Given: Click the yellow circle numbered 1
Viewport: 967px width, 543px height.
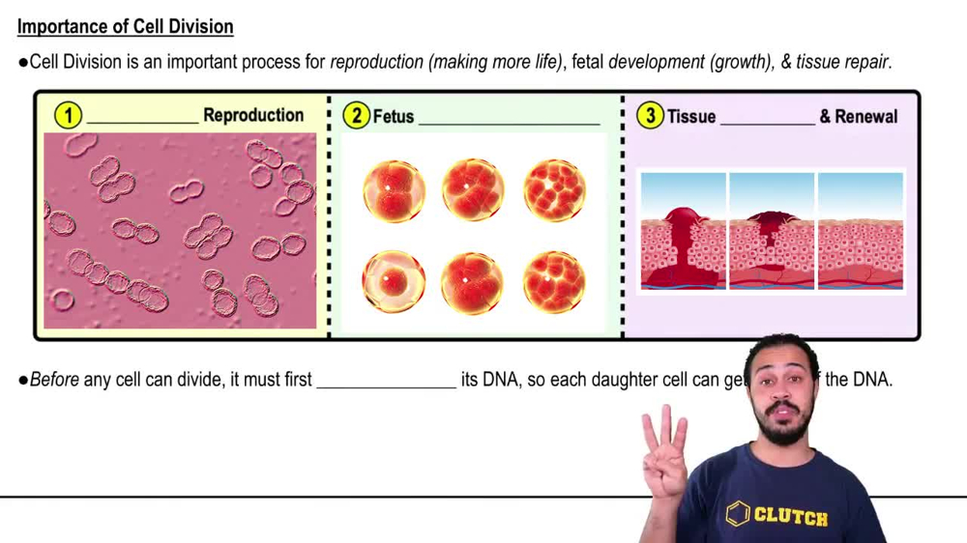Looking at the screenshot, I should [x=68, y=116].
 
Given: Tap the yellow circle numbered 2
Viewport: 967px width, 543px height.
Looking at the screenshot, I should [x=356, y=116].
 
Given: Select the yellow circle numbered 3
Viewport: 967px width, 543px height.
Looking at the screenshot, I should [x=650, y=116].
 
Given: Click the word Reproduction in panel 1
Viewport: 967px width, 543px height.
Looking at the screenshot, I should [x=253, y=115].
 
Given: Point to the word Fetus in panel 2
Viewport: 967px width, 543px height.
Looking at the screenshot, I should [x=394, y=117].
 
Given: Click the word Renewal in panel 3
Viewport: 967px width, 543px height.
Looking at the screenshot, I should [x=859, y=117].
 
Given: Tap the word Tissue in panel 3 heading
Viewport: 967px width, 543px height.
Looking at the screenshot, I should [x=691, y=117].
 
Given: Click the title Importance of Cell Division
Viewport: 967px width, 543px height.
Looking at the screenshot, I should [x=126, y=26].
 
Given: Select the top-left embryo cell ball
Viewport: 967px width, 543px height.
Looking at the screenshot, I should [x=394, y=190].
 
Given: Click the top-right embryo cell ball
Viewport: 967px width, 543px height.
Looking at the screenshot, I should [x=554, y=190].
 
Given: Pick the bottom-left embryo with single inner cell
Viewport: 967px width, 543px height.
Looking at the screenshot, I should [x=394, y=282].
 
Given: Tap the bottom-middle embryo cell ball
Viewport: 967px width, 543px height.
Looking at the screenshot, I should [x=473, y=282].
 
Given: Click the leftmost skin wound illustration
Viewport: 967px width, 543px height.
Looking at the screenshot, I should [x=683, y=232].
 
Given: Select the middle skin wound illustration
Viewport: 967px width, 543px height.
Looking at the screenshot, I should [x=772, y=232].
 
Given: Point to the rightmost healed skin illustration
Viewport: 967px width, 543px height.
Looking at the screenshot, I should [x=861, y=232].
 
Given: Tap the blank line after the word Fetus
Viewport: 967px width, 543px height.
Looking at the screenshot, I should [x=509, y=122].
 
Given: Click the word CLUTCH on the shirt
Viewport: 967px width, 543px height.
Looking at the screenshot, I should [x=790, y=516].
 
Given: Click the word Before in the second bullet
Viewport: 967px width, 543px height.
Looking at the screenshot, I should [x=54, y=380].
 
